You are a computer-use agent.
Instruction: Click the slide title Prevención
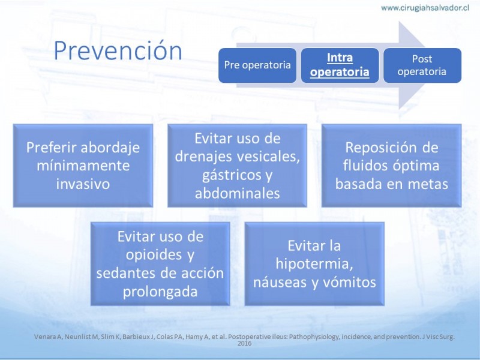coord(118,50)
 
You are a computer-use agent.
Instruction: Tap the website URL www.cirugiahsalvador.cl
coord(425,8)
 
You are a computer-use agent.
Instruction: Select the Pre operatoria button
coord(257,65)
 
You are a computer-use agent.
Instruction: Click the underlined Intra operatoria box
coord(340,65)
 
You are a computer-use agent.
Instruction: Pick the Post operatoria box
coord(422,65)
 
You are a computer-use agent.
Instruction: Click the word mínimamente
coord(83,166)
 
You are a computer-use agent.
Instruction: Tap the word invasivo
coord(83,184)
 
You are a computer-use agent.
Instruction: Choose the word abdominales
coord(237,193)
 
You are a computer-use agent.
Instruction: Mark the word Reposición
coord(379,148)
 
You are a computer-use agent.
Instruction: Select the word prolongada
coord(160,292)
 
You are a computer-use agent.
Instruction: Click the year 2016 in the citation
coord(245,343)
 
